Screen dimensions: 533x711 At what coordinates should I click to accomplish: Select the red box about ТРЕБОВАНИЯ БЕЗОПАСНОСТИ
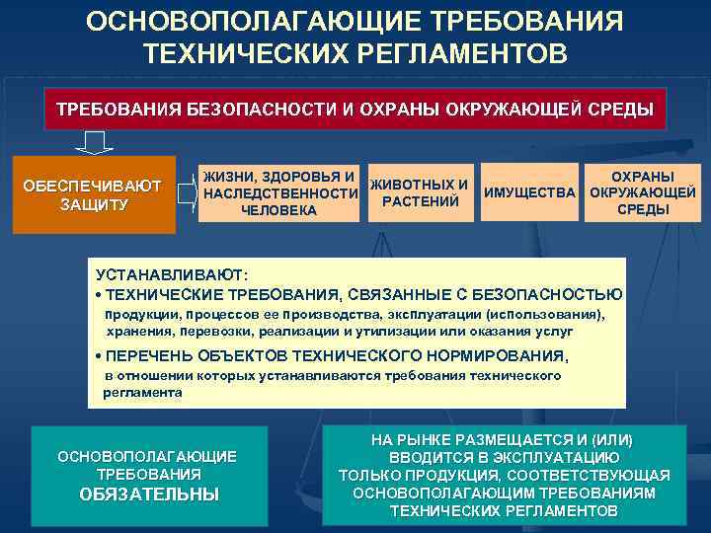click(x=355, y=110)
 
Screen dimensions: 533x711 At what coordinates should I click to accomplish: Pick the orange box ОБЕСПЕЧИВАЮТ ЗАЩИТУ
click(x=94, y=194)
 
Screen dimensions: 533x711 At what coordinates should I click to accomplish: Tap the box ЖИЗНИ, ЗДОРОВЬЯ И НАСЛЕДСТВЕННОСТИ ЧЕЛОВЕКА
click(x=279, y=193)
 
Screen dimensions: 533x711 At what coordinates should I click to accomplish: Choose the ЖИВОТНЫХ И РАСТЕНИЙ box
click(x=420, y=193)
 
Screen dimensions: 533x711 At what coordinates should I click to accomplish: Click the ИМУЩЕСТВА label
click(x=528, y=192)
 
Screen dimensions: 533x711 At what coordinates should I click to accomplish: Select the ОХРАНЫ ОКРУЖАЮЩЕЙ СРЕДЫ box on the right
click(x=642, y=192)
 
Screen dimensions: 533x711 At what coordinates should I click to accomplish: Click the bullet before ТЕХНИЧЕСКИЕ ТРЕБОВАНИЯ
click(x=99, y=294)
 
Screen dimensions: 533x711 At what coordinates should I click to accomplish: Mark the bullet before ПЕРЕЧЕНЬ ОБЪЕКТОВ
click(x=99, y=356)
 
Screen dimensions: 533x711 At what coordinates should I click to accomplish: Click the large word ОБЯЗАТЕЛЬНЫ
click(x=149, y=495)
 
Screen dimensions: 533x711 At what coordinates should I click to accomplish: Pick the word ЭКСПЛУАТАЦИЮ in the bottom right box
click(x=557, y=458)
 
